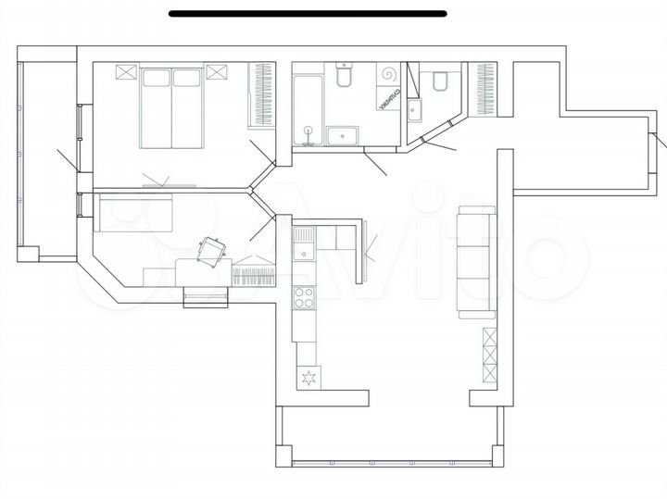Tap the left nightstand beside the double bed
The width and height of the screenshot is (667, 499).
126,72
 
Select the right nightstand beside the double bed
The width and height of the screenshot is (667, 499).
217,72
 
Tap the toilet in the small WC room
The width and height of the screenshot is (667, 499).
441,81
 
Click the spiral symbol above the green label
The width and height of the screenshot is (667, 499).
388,74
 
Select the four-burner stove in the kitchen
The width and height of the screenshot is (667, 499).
304,297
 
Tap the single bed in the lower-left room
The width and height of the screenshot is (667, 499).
136,214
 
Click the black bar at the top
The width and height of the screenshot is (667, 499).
308,14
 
